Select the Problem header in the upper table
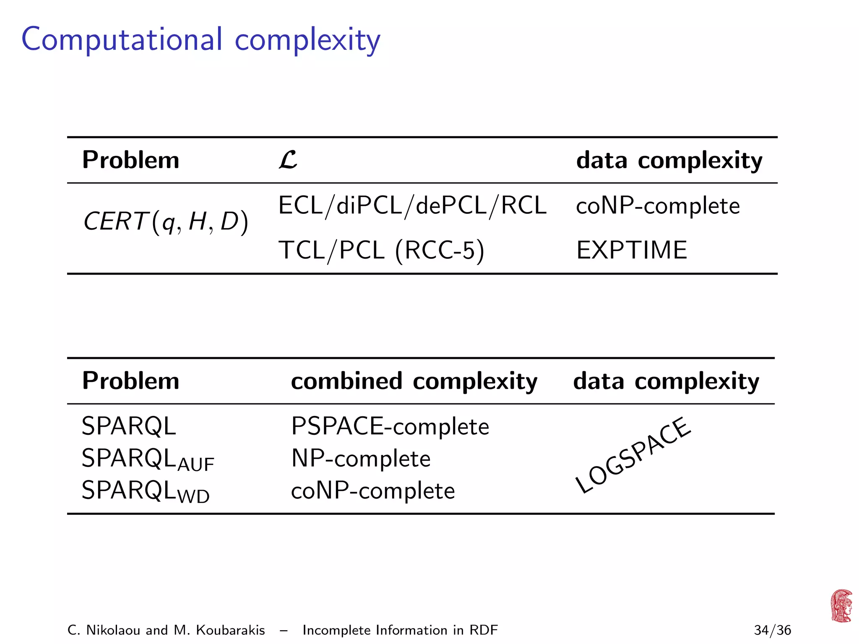point(130,160)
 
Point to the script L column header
point(288,160)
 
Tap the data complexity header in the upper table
point(669,161)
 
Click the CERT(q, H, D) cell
point(166,221)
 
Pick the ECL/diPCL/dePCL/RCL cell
point(412,205)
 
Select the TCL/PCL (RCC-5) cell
point(381,250)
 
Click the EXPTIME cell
point(632,250)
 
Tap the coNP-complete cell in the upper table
point(658,206)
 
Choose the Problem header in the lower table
point(130,381)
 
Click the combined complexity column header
point(414,381)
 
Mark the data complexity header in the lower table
point(666,381)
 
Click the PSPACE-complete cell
point(390,426)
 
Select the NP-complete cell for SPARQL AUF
point(361,458)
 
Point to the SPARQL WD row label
point(146,491)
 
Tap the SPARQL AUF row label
point(148,459)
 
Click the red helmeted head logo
point(841,606)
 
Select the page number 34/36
point(772,630)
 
